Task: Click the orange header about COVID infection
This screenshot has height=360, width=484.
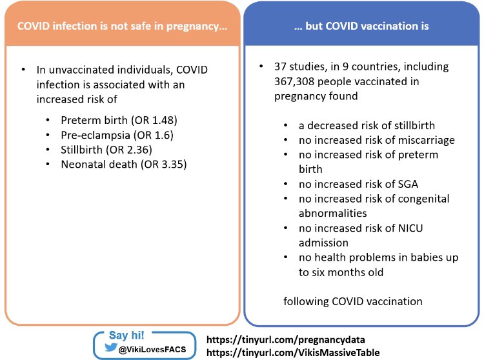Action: [x=122, y=26]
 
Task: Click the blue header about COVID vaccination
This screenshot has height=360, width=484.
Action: [x=361, y=26]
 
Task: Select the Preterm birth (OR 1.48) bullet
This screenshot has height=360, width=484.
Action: [x=119, y=121]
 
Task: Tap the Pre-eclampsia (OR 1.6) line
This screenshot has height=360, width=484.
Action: [x=117, y=135]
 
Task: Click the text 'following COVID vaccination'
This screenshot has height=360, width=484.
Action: [x=353, y=301]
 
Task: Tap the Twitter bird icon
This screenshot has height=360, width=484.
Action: [x=107, y=348]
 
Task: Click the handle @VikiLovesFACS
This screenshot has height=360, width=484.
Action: [x=152, y=349]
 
